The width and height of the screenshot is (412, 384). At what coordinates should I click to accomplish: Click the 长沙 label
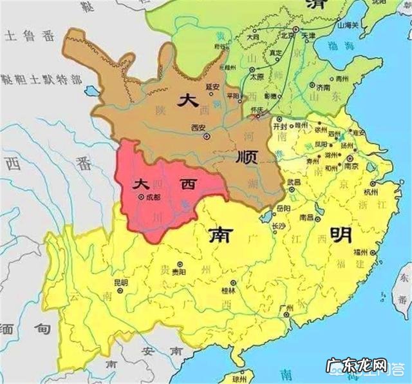tap(278, 226)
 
